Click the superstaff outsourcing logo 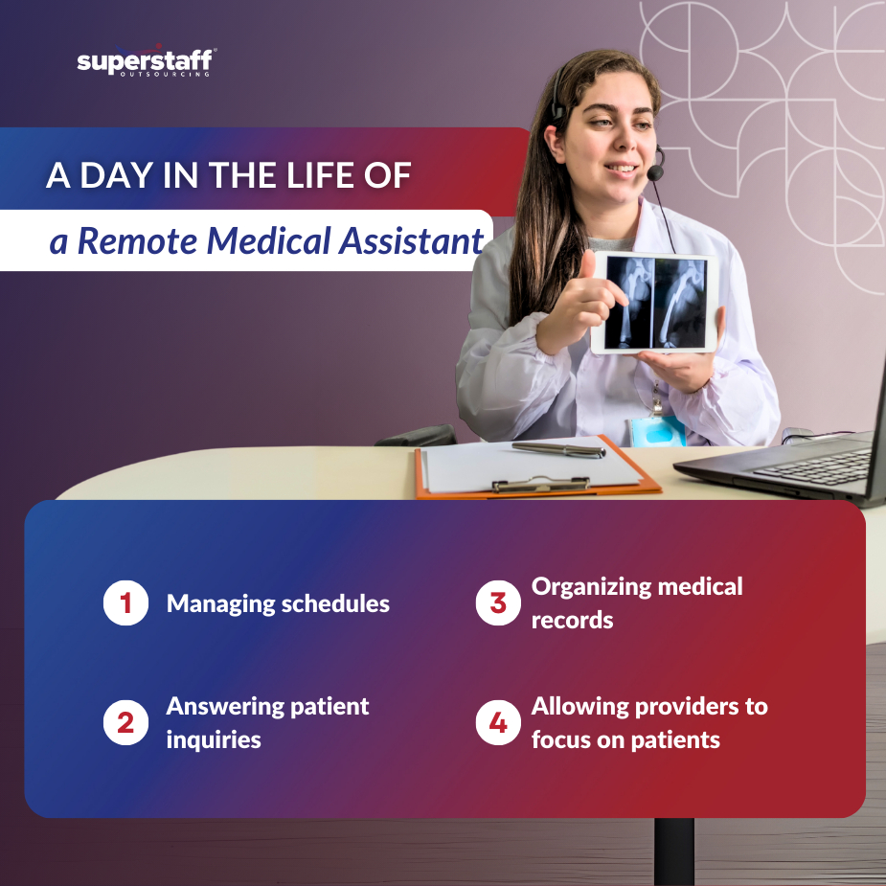[147, 60]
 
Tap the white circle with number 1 [126, 602]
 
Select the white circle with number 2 [126, 723]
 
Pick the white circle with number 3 [498, 602]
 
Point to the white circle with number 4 [498, 723]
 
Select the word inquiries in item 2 [214, 740]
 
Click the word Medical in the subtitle [268, 240]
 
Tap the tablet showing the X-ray [655, 303]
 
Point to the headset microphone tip [655, 172]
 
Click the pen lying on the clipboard [558, 449]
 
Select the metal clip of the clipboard [541, 485]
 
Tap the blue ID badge [657, 432]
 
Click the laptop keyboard [813, 467]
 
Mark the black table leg [673, 852]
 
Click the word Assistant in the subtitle [411, 240]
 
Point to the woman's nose [625, 140]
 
